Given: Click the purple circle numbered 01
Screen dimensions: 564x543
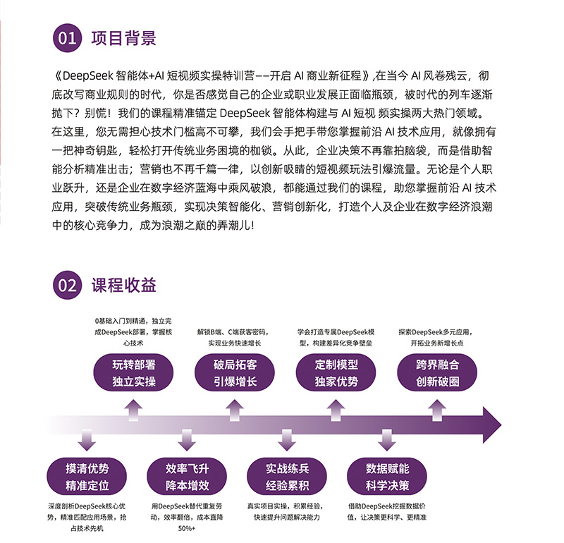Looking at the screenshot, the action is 67,38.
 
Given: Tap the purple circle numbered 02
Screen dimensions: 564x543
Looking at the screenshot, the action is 67,285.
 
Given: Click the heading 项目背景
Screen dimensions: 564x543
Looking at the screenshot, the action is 123,38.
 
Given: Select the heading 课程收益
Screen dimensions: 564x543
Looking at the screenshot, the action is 123,286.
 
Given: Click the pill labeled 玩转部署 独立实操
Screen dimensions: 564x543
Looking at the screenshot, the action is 133,373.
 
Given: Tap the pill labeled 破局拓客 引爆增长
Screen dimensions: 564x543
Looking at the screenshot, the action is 235,373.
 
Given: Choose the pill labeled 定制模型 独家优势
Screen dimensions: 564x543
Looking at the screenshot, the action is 336,373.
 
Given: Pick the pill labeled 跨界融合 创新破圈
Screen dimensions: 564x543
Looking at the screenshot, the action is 437,373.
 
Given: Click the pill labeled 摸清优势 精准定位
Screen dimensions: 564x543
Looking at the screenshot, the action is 87,477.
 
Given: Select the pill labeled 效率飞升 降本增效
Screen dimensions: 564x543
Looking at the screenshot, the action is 187,477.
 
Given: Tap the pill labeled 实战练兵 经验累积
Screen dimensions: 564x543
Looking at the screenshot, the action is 287,477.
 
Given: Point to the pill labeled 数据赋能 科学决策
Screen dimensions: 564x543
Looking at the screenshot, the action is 387,477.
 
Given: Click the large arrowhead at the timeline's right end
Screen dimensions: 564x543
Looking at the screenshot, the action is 491,425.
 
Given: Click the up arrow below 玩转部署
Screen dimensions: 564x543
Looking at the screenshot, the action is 133,410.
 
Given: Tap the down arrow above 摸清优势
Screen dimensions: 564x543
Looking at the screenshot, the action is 87,440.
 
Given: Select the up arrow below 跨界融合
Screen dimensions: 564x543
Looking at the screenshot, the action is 437,410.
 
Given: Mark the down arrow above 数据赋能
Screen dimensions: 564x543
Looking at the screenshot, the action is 387,440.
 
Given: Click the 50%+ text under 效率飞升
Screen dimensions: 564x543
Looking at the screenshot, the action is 187,528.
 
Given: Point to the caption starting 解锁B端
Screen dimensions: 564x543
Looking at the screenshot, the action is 234,338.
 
